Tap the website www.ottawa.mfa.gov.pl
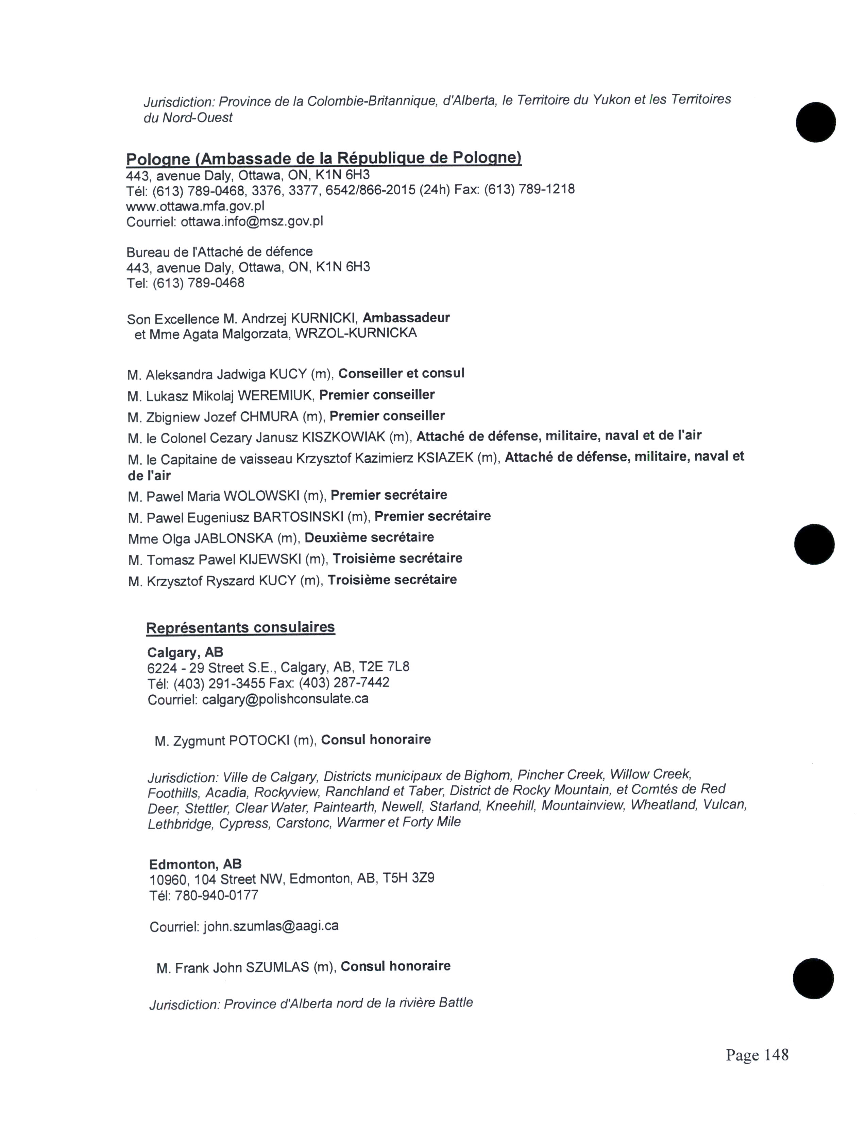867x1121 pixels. point(195,206)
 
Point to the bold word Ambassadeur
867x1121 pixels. point(406,318)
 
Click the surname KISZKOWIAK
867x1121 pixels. point(343,437)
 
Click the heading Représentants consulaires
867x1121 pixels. point(240,627)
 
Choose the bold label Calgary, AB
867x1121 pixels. point(185,652)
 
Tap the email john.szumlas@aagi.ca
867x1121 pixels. point(271,926)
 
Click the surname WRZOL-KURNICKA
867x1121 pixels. point(356,334)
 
